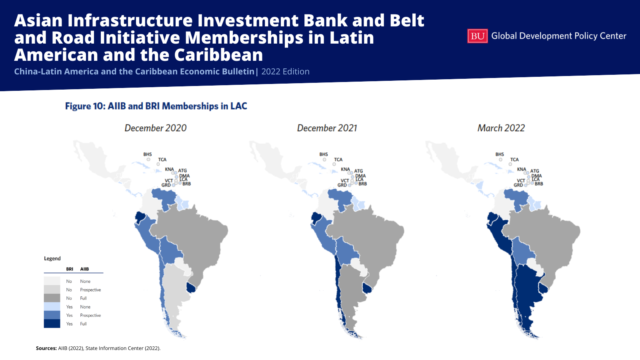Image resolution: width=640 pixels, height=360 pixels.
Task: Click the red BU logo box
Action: point(477,36)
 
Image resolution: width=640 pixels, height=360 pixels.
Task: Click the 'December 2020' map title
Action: point(156,128)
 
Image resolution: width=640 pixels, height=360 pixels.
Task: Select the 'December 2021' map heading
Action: point(327,128)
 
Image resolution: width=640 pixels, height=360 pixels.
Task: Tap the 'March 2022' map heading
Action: point(501,128)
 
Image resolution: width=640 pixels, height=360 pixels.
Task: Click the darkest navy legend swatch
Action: point(52,324)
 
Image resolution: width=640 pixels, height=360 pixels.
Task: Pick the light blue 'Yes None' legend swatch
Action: point(52,306)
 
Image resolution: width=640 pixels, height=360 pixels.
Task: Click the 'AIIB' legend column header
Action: point(84,269)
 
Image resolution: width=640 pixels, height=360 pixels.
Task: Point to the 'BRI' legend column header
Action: point(70,269)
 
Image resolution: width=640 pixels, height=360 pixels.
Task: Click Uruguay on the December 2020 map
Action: point(191,288)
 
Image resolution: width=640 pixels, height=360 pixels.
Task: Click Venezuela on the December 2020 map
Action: point(164,198)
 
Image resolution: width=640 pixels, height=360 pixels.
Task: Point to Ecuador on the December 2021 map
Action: point(316,218)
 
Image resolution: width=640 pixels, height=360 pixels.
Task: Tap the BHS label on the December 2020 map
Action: point(148,154)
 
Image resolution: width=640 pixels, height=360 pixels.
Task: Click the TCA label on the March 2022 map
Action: point(514,160)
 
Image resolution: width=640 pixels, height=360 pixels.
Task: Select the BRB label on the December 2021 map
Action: point(362,184)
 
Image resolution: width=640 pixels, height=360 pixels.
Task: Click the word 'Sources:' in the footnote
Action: point(46,348)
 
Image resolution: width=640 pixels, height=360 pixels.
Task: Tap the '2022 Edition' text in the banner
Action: point(285,72)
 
